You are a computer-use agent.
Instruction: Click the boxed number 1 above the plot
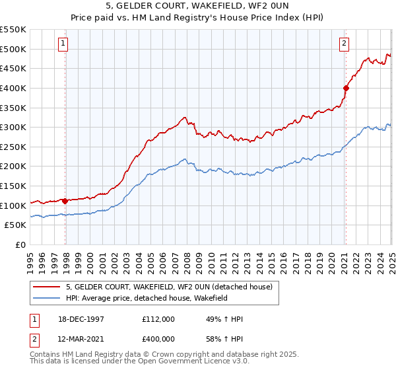click(63, 44)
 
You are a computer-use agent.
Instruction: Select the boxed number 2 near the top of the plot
click(344, 44)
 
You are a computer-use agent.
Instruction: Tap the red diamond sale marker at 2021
click(346, 87)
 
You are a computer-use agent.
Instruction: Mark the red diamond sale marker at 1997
click(65, 200)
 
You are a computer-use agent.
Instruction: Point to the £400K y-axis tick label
click(13, 88)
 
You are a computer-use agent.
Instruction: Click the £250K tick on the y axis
click(13, 147)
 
